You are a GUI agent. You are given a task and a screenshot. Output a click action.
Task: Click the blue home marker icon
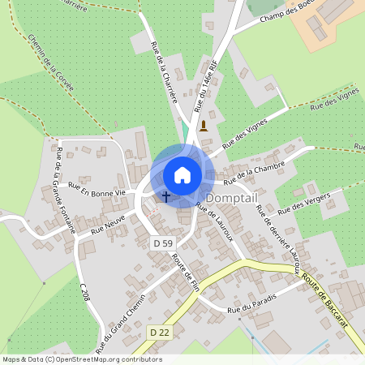point(182,174)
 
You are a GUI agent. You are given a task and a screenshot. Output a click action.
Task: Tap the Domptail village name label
point(232,198)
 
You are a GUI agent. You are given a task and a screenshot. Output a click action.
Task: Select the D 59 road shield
point(162,243)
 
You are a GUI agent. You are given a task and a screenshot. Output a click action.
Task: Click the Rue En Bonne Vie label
point(97,189)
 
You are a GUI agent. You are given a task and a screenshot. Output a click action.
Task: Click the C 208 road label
point(84,292)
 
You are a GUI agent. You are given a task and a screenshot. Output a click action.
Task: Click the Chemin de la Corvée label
point(50,62)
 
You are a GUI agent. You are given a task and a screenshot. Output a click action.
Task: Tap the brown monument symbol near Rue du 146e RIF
point(203,126)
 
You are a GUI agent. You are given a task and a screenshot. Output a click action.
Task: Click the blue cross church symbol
point(166,195)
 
